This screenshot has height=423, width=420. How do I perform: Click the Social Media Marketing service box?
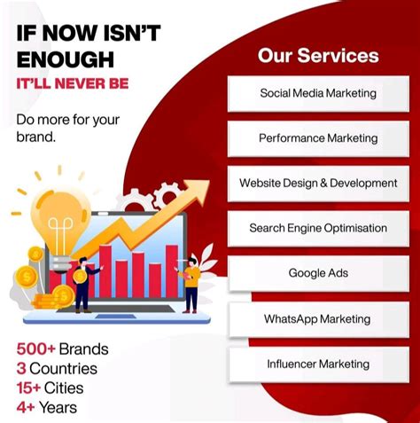pyautogui.click(x=317, y=93)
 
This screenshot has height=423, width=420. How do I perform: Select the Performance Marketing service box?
pyautogui.click(x=317, y=138)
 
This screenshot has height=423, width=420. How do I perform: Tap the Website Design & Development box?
pyautogui.click(x=317, y=184)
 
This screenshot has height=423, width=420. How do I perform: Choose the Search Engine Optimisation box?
pyautogui.click(x=317, y=229)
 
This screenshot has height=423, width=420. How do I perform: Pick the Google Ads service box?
pyautogui.click(x=317, y=273)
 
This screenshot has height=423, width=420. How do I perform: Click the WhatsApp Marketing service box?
pyautogui.click(x=317, y=318)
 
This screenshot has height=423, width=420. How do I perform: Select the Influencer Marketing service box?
pyautogui.click(x=317, y=364)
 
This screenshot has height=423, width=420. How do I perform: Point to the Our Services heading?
pyautogui.click(x=318, y=56)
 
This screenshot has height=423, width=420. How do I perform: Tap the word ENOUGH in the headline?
pyautogui.click(x=65, y=59)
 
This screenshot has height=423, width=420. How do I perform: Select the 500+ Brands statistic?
pyautogui.click(x=62, y=349)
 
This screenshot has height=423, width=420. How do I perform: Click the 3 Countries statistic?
pyautogui.click(x=57, y=368)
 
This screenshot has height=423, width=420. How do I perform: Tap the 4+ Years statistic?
pyautogui.click(x=46, y=408)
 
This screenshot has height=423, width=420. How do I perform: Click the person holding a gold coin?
pyautogui.click(x=82, y=282)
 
